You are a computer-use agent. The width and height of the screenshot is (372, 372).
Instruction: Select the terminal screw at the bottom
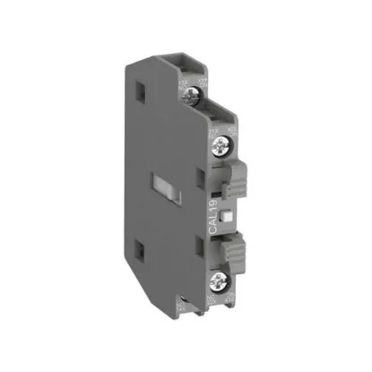click(220, 280)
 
